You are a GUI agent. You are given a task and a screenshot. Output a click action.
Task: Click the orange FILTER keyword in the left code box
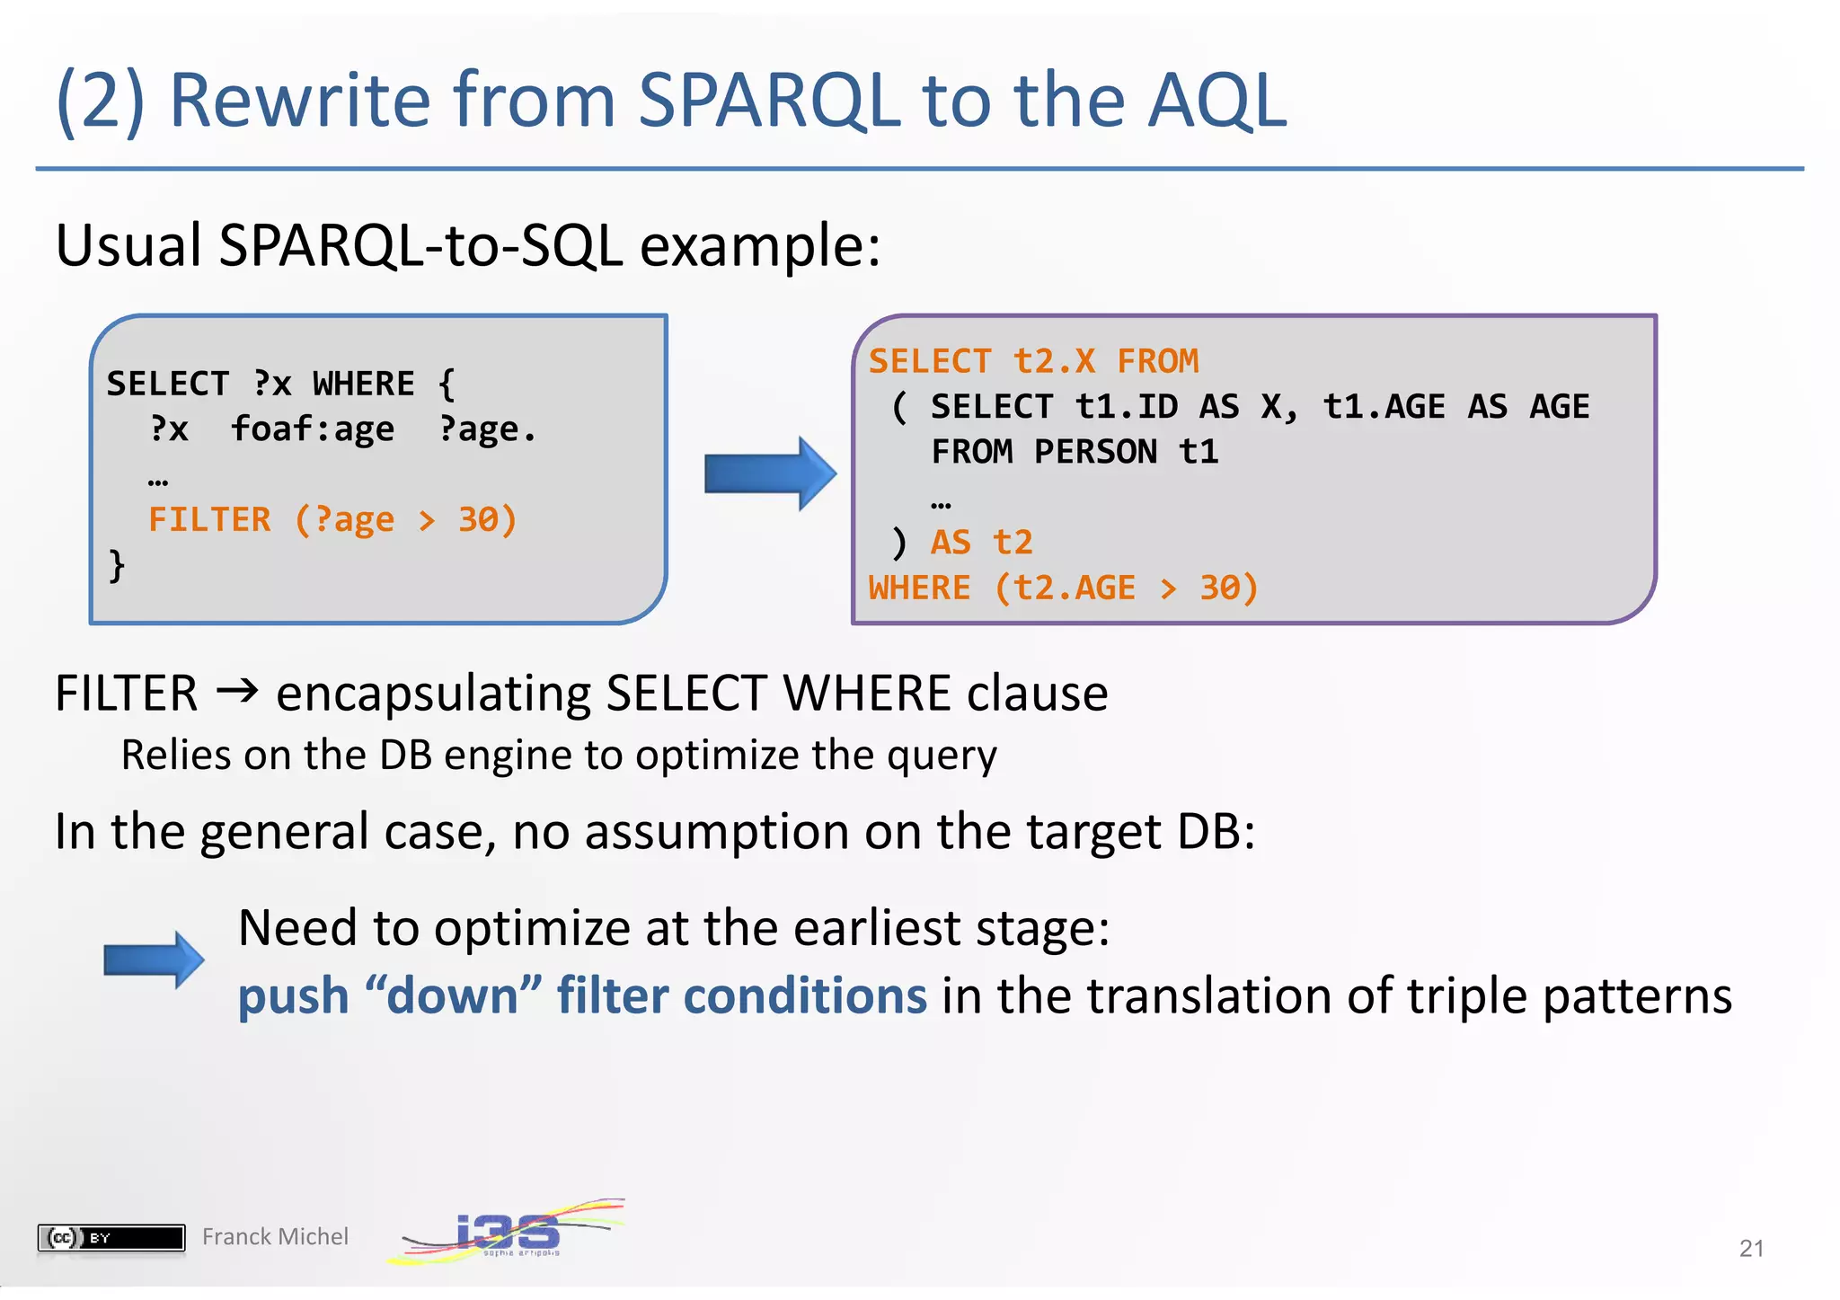209,520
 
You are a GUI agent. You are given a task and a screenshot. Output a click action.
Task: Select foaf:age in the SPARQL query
313,429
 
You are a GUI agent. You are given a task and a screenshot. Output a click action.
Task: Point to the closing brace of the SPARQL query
117,566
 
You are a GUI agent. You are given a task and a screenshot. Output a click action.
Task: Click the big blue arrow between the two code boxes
769,473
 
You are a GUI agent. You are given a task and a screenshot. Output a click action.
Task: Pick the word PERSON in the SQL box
1095,452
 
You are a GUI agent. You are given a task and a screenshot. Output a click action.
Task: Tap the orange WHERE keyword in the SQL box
919,588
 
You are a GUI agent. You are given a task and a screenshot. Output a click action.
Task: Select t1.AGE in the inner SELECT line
1384,407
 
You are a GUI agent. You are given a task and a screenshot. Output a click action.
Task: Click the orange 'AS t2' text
981,543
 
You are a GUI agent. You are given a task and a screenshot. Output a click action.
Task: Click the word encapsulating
432,694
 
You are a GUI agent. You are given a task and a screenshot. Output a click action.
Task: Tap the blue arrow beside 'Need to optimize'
154,960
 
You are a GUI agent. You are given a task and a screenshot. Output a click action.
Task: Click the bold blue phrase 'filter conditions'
741,996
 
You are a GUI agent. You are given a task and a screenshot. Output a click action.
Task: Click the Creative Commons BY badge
111,1237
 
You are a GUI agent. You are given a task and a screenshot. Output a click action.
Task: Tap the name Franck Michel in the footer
275,1237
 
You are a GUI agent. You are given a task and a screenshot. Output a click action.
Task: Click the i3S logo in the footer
508,1232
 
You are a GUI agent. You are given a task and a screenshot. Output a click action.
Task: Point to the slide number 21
1751,1248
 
